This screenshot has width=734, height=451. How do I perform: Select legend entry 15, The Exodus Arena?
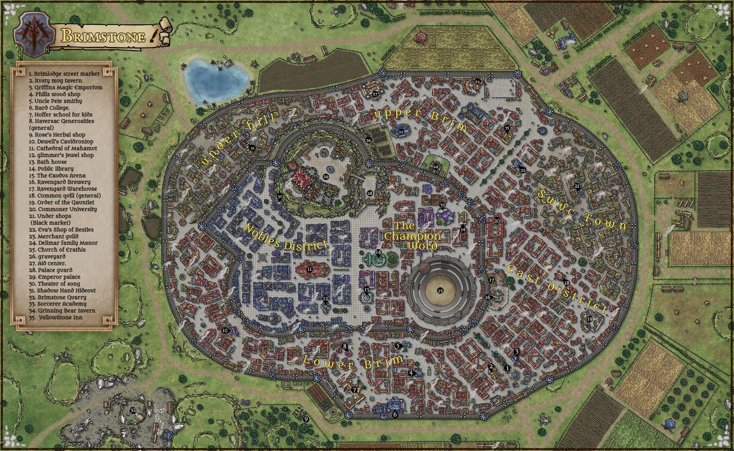[61, 175]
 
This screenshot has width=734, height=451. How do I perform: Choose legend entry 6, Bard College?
[49, 108]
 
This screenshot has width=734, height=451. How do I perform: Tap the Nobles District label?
[285, 238]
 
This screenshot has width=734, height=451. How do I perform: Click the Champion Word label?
[412, 236]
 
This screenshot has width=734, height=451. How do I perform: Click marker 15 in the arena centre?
[440, 291]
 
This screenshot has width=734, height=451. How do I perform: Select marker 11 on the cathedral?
[310, 269]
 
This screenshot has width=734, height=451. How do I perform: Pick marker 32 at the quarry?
[133, 410]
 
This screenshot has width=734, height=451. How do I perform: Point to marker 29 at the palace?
[325, 177]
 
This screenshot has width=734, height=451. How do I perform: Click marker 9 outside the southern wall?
[306, 419]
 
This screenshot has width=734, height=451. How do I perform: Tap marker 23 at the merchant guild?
[478, 82]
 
